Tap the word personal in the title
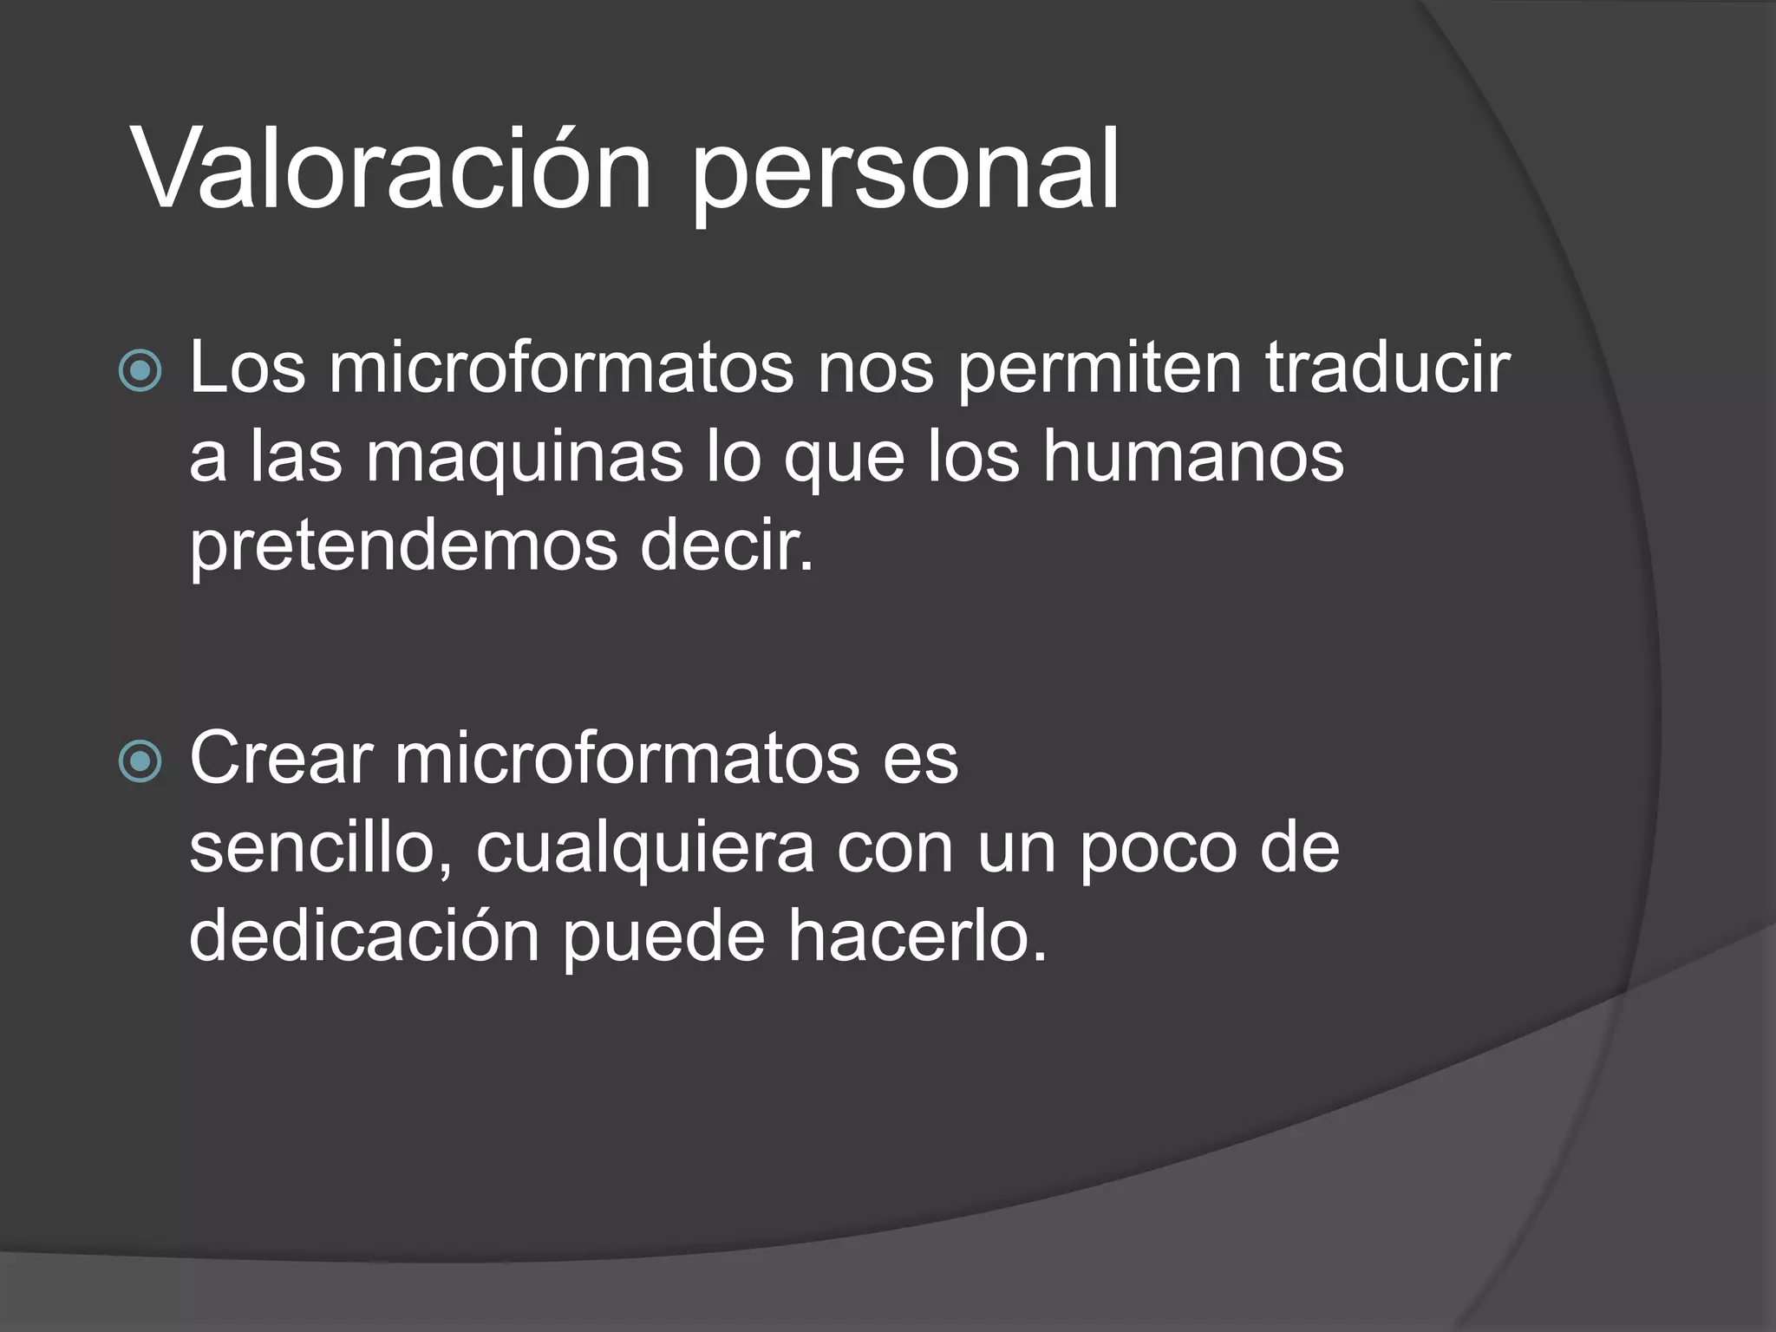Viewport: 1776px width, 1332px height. coord(905,173)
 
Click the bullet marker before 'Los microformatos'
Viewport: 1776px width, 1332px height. coord(140,370)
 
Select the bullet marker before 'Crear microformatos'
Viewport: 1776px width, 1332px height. coord(140,761)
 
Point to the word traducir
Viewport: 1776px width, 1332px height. coord(1387,368)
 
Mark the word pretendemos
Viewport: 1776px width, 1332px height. coord(403,548)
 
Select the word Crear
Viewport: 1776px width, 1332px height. coord(281,759)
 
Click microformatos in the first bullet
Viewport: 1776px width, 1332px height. coord(561,368)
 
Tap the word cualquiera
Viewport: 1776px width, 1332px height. coord(645,850)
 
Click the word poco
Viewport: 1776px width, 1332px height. coord(1159,850)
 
